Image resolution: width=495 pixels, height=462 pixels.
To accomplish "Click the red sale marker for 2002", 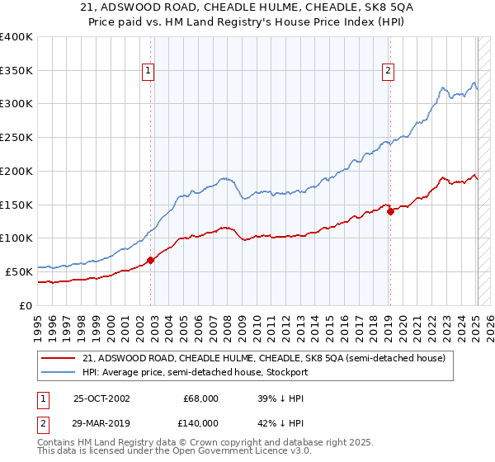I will (x=151, y=260).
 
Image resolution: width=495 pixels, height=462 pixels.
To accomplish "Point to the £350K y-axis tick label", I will (x=16, y=70).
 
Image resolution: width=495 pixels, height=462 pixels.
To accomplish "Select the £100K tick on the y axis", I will (x=16, y=238).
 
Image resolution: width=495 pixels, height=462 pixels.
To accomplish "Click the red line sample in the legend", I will (x=58, y=358).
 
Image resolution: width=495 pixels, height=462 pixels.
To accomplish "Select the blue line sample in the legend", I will (x=58, y=372).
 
